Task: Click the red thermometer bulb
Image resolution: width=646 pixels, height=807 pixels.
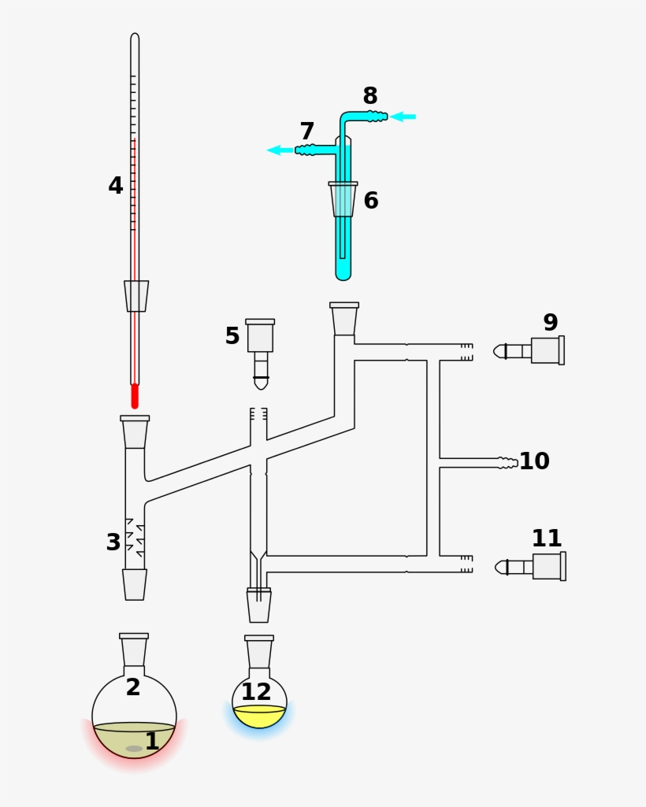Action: click(x=135, y=396)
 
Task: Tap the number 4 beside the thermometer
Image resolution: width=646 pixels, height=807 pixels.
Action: click(x=116, y=187)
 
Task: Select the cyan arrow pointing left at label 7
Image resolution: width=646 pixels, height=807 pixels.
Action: click(x=279, y=150)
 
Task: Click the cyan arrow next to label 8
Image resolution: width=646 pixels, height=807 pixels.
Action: click(x=403, y=117)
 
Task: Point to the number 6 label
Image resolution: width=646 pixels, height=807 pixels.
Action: click(x=371, y=201)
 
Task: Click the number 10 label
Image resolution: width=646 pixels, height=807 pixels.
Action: click(x=534, y=461)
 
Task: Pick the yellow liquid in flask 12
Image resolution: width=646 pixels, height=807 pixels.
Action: click(x=259, y=717)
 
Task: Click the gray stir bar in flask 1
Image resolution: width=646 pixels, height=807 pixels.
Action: click(x=134, y=749)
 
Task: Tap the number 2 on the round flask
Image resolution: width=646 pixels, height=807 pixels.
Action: click(x=133, y=687)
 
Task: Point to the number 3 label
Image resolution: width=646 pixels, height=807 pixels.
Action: click(x=113, y=542)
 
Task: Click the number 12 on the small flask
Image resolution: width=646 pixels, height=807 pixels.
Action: click(x=256, y=693)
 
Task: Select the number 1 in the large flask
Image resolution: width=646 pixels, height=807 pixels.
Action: click(x=152, y=741)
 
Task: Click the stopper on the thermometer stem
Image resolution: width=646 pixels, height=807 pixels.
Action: click(x=136, y=296)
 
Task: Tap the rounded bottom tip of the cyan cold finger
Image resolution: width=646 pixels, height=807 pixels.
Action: click(x=343, y=273)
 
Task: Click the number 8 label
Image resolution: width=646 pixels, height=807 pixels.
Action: click(x=370, y=96)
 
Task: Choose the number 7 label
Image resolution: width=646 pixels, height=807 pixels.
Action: click(x=307, y=131)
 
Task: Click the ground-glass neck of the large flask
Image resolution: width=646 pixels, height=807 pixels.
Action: click(x=134, y=651)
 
